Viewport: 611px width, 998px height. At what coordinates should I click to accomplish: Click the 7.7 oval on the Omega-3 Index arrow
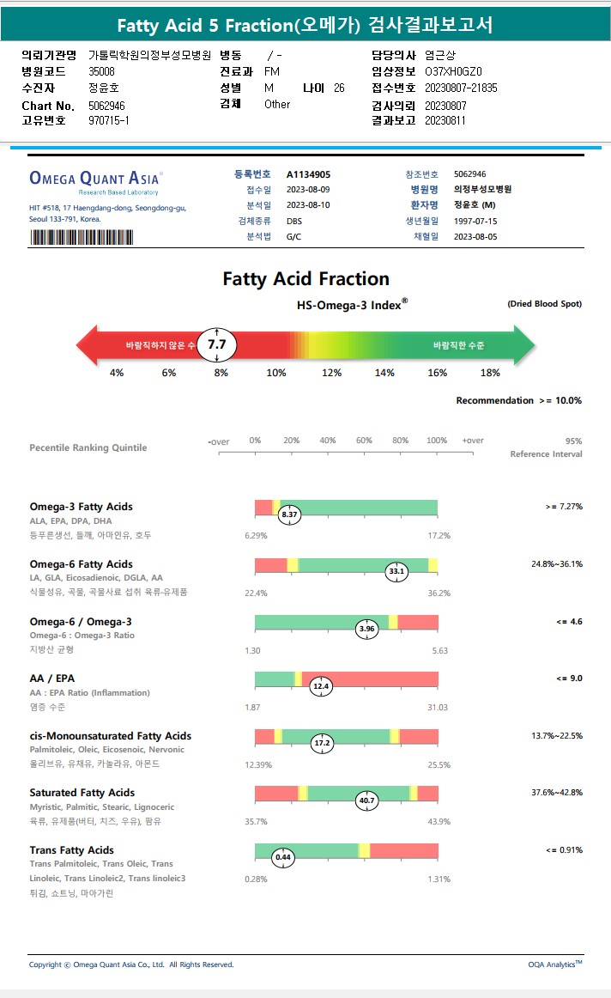pyautogui.click(x=216, y=345)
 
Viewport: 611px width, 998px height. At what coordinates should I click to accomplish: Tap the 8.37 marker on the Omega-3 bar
pyautogui.click(x=289, y=514)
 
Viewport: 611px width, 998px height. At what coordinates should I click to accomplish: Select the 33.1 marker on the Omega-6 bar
pyautogui.click(x=396, y=571)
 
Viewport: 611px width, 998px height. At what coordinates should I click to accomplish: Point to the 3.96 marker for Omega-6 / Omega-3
pyautogui.click(x=366, y=629)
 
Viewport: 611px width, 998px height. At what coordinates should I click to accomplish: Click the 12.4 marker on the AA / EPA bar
pyautogui.click(x=321, y=686)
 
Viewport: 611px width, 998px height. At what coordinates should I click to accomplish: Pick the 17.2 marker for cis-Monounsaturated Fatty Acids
pyautogui.click(x=323, y=743)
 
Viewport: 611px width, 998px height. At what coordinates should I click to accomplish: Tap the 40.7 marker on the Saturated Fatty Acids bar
pyautogui.click(x=366, y=800)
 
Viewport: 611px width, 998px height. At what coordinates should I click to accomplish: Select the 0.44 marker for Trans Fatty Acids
pyautogui.click(x=283, y=857)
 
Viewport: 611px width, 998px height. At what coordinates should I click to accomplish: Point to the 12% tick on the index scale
pyautogui.click(x=331, y=373)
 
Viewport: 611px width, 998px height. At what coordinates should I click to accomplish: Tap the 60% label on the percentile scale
pyautogui.click(x=364, y=441)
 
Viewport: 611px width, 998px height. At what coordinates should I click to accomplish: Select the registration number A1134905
pyautogui.click(x=308, y=174)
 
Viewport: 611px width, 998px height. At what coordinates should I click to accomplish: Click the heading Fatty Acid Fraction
pyautogui.click(x=305, y=279)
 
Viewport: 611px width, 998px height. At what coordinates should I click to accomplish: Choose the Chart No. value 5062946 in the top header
pyautogui.click(x=108, y=105)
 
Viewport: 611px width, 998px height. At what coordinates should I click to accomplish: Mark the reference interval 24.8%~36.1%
pyautogui.click(x=557, y=564)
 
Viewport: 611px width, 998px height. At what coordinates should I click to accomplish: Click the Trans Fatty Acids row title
pyautogui.click(x=72, y=850)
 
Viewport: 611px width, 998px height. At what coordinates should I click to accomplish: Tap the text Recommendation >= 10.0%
pyautogui.click(x=518, y=401)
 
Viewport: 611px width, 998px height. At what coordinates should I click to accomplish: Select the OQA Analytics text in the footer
pyautogui.click(x=554, y=965)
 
